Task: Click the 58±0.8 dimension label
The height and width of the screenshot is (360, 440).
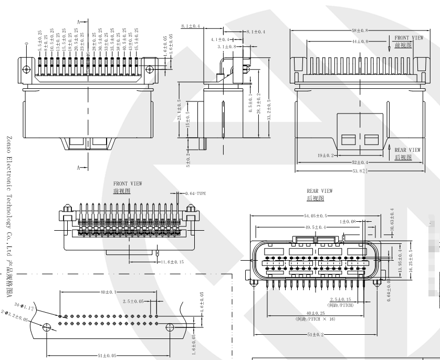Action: point(360,30)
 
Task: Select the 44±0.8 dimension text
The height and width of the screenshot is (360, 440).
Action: point(360,41)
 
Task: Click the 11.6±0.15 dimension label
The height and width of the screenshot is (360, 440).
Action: point(172,262)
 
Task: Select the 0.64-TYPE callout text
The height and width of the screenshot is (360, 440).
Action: point(195,193)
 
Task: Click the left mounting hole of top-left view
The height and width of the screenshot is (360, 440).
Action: point(26,68)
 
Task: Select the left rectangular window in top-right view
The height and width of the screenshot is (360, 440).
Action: point(348,139)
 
